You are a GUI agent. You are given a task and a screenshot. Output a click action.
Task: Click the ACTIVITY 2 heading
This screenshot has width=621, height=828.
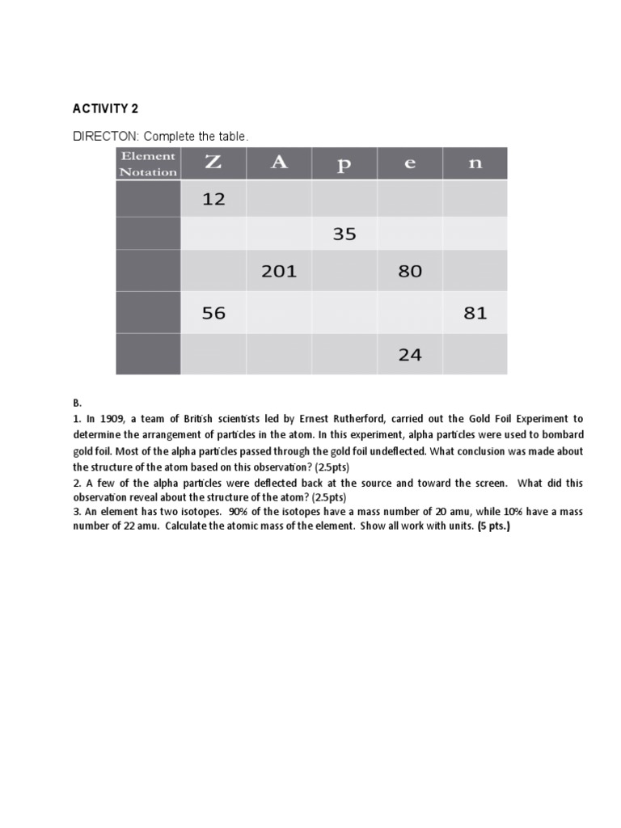click(x=100, y=109)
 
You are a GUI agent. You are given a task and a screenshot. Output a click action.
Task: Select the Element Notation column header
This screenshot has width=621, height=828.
click(x=148, y=163)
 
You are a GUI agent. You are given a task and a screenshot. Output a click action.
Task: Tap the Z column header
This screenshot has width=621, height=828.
click(x=213, y=163)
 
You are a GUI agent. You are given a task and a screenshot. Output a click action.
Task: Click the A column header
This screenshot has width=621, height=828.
click(x=279, y=163)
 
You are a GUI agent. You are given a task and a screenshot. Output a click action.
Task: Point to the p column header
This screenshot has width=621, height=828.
click(x=344, y=163)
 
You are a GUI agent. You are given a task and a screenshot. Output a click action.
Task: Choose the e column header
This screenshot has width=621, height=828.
click(x=410, y=163)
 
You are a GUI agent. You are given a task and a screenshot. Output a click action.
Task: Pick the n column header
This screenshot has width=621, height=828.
click(x=475, y=163)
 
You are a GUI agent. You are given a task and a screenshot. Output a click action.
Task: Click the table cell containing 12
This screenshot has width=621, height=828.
click(x=213, y=198)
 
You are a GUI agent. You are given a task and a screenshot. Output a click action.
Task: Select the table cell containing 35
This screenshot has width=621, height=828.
click(x=344, y=234)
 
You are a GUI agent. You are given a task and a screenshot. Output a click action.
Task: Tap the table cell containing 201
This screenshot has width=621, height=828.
click(x=279, y=272)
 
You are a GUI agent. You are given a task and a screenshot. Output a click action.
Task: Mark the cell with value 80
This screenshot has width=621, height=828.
click(x=410, y=272)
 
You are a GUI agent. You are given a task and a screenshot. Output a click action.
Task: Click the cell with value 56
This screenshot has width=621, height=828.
click(x=213, y=313)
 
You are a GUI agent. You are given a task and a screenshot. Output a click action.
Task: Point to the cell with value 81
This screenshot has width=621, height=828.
click(x=475, y=313)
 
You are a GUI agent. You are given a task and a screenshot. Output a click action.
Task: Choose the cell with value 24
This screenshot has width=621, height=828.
click(x=410, y=354)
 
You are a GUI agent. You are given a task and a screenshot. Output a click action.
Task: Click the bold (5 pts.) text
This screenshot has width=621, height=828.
click(x=493, y=526)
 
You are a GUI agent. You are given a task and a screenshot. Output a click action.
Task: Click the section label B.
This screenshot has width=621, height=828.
click(x=77, y=403)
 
